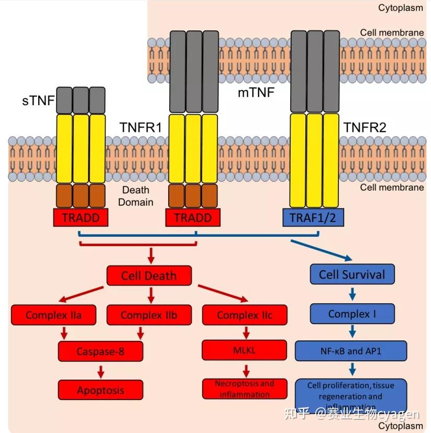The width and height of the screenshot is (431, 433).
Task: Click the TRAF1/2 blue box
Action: coord(313,217)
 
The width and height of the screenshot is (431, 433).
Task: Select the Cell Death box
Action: coord(149,275)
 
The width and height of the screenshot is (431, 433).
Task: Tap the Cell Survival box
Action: coord(352,274)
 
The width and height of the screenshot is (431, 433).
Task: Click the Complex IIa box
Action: coord(53,315)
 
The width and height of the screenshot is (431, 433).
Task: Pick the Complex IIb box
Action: coord(149,315)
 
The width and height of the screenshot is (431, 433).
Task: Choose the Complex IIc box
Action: coord(245,315)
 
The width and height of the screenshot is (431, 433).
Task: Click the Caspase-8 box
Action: coord(101,351)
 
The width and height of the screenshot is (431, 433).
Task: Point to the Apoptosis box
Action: coord(101,390)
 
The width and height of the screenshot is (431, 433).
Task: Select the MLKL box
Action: coord(245,350)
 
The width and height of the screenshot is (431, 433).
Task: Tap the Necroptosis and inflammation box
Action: coord(245,388)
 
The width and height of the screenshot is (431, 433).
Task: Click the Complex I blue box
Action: coord(352,314)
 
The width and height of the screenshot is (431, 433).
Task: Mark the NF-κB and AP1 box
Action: coord(350,350)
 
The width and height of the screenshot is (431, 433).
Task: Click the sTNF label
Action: coord(38,101)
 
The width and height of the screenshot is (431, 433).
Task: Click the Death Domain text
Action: coord(136,196)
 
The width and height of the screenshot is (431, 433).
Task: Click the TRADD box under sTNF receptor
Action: coord(81,217)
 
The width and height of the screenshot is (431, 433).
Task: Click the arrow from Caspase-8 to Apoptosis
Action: coord(101,371)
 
